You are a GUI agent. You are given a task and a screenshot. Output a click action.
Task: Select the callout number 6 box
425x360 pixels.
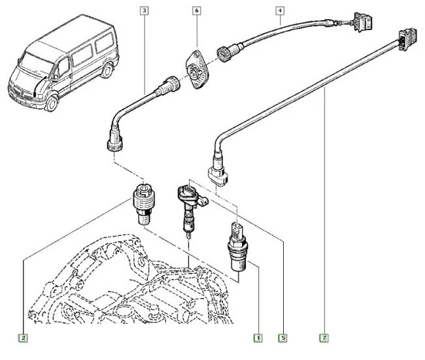coord(196,10)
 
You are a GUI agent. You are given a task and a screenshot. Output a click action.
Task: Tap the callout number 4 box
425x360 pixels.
coord(280,10)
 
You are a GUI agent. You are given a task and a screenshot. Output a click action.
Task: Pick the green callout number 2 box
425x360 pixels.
coord(23,338)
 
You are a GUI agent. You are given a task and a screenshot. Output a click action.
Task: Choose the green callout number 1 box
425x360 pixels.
coord(258,338)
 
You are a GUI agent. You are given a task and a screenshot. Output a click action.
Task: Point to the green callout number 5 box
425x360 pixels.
coord(283,338)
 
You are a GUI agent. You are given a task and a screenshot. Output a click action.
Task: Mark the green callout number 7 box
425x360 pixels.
coord(324,338)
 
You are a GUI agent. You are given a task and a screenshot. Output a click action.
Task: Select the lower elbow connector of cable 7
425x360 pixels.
coord(217,172)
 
